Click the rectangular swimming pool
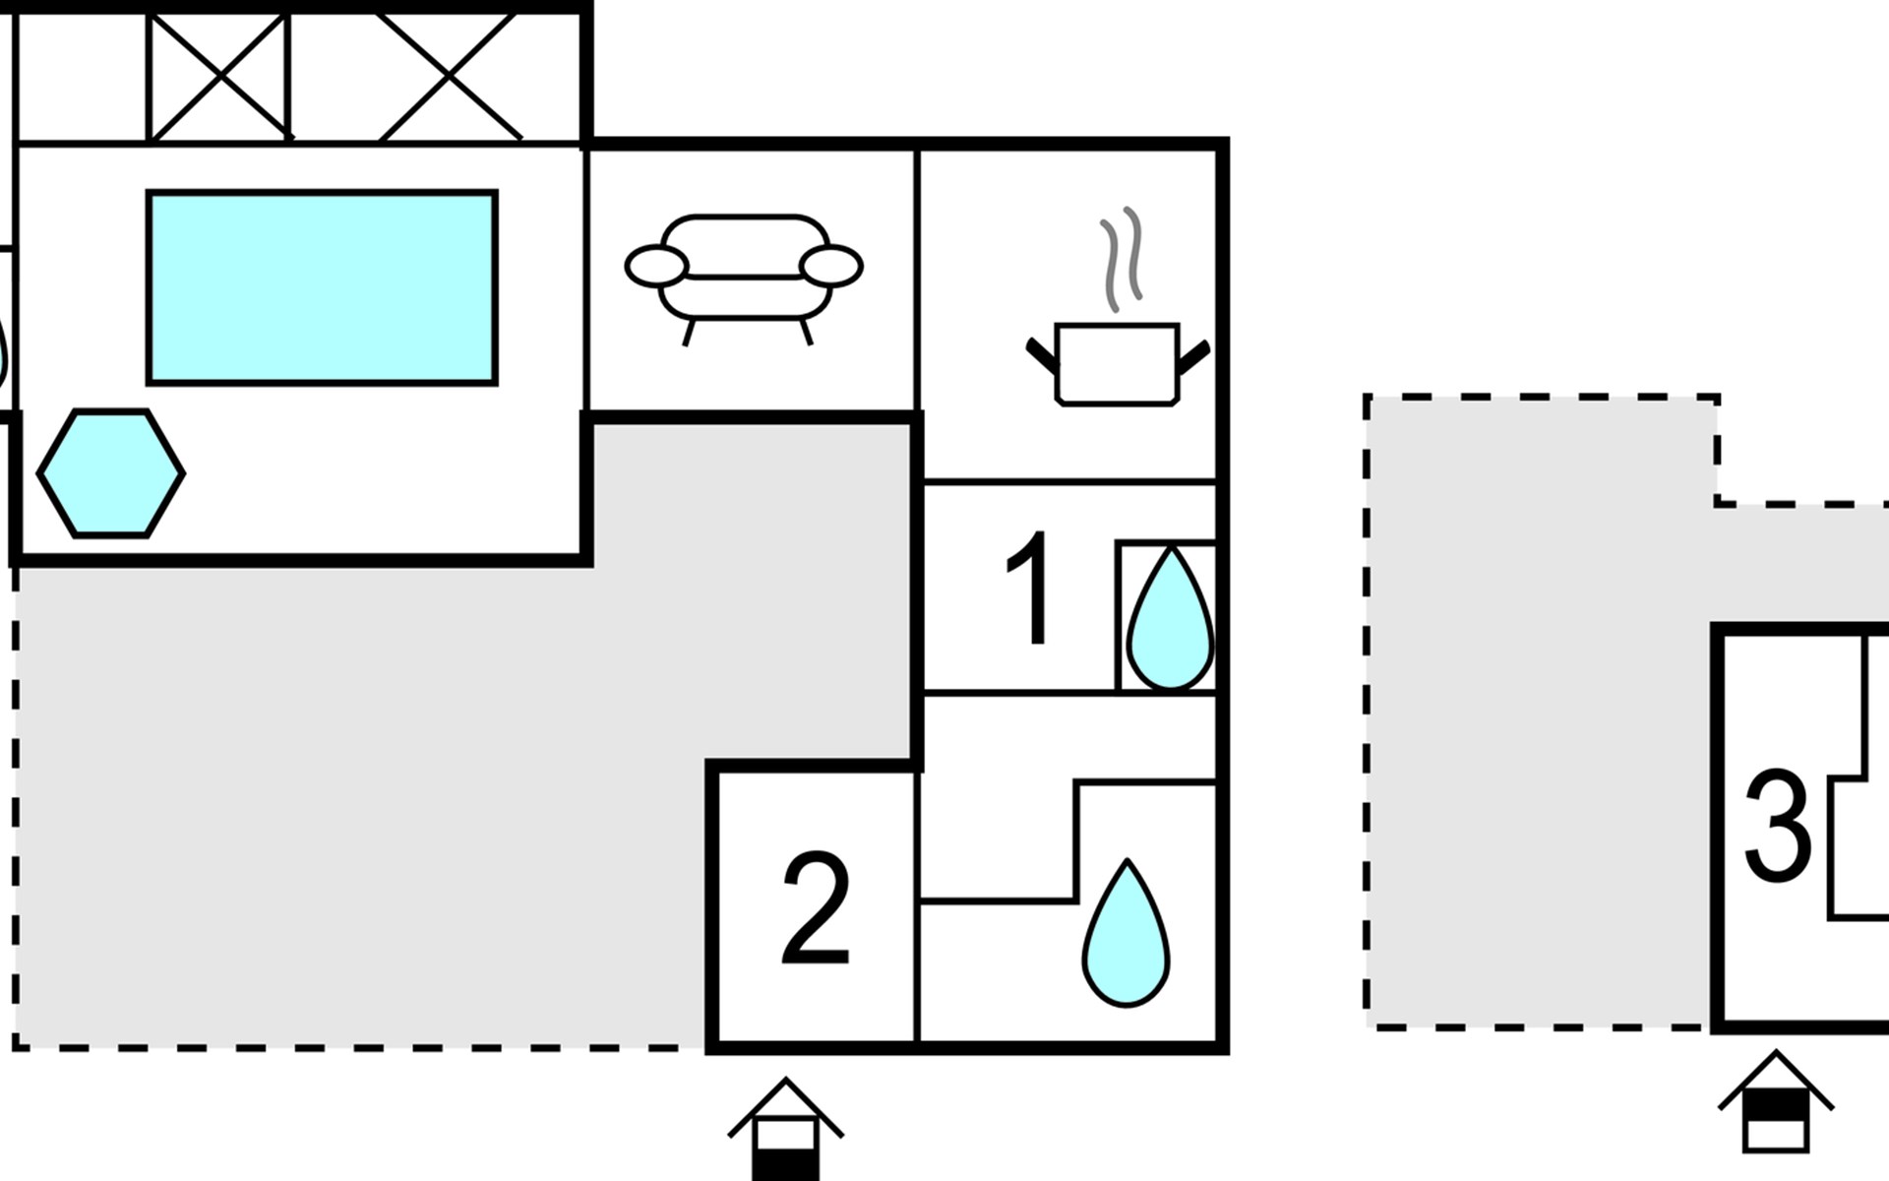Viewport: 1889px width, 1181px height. pyautogui.click(x=322, y=287)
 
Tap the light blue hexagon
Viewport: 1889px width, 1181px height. pyautogui.click(x=111, y=473)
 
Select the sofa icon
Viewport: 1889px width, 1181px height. pyautogui.click(x=744, y=280)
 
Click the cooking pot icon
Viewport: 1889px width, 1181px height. pyautogui.click(x=1118, y=363)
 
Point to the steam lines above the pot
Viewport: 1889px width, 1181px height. pyautogui.click(x=1122, y=260)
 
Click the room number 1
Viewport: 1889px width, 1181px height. pyautogui.click(x=1031, y=590)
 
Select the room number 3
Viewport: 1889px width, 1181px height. pyautogui.click(x=1777, y=824)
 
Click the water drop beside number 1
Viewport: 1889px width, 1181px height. pyautogui.click(x=1170, y=618)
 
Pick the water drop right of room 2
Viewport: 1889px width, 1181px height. pyautogui.click(x=1127, y=934)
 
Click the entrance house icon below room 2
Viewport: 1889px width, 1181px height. pyautogui.click(x=785, y=1130)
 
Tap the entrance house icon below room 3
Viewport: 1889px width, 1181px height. pyautogui.click(x=1776, y=1102)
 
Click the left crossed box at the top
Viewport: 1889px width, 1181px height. pyautogui.click(x=219, y=77)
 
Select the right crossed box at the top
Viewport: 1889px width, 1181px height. pyautogui.click(x=449, y=77)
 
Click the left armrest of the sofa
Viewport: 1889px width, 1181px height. pyautogui.click(x=656, y=266)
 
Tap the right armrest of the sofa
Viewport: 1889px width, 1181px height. pyautogui.click(x=831, y=266)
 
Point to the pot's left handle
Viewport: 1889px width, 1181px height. pyautogui.click(x=1041, y=355)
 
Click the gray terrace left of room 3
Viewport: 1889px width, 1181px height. pyautogui.click(x=1535, y=709)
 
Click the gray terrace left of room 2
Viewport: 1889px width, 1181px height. pyautogui.click(x=394, y=787)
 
